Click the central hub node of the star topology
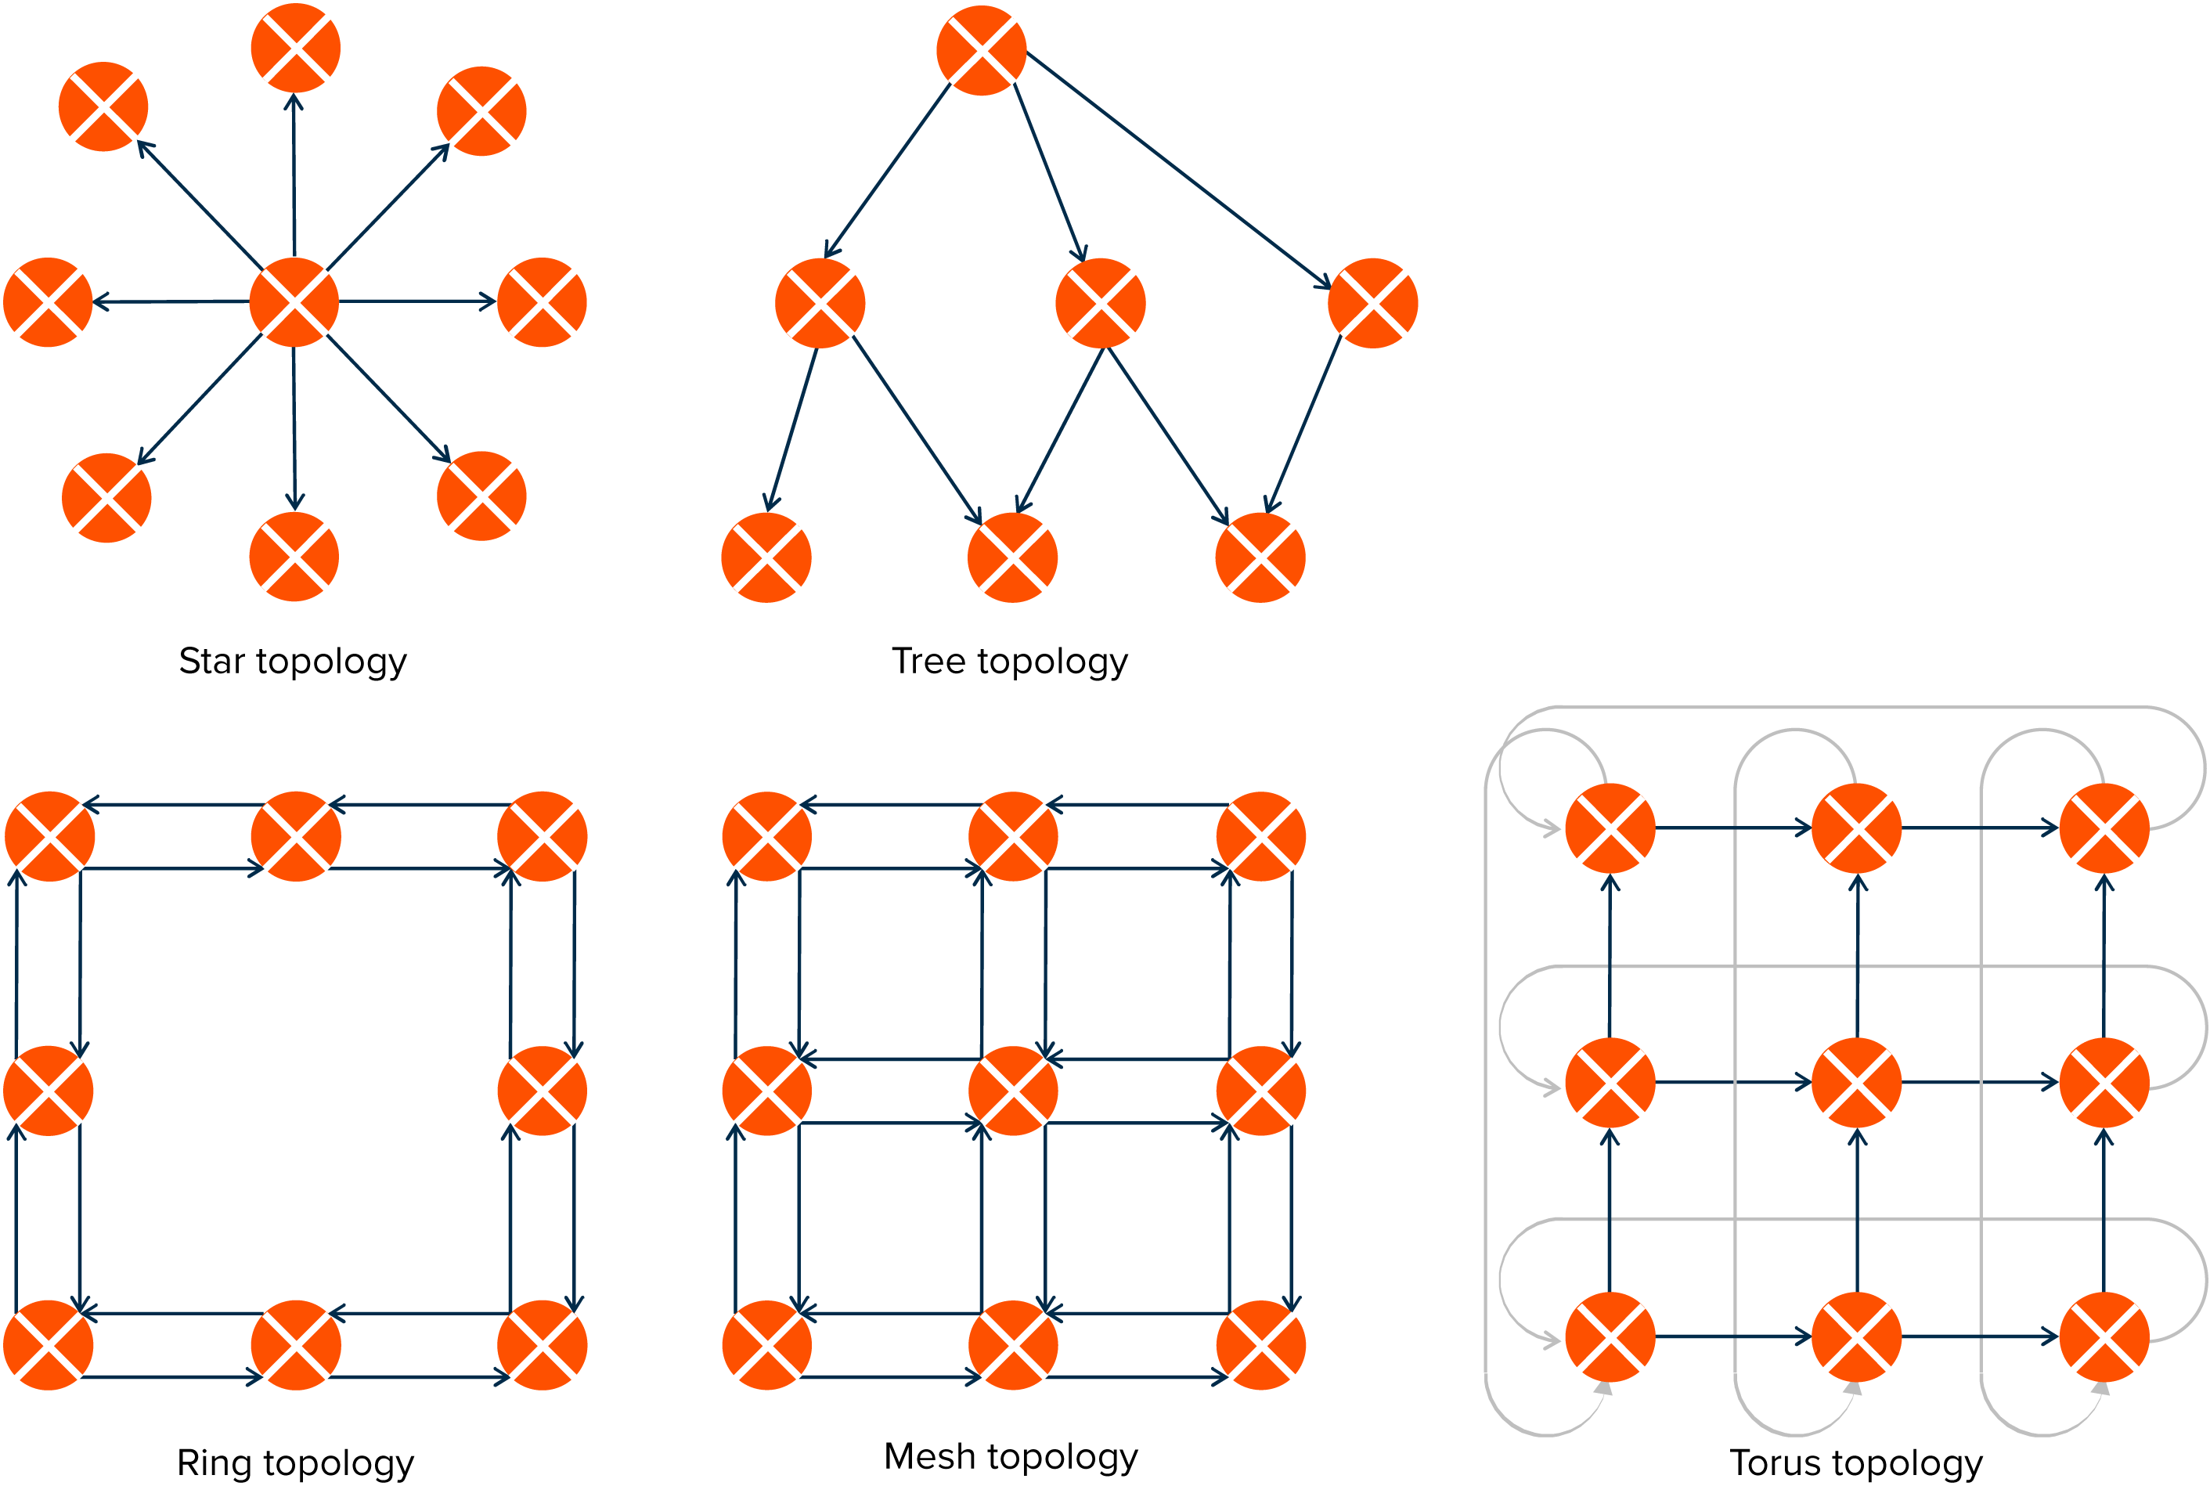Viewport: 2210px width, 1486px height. tap(294, 301)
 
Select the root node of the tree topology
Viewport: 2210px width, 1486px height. tap(981, 50)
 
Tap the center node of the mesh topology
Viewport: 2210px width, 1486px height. tap(1013, 1091)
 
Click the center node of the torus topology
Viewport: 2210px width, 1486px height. tap(1855, 1082)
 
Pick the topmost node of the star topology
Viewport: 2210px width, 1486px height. tap(296, 48)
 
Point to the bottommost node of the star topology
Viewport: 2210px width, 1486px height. tap(294, 557)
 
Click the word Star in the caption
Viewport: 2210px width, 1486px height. tap(211, 661)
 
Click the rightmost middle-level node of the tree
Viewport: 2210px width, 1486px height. tap(1372, 303)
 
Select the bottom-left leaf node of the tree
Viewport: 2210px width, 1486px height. tap(766, 557)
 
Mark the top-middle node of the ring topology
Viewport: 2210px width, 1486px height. tap(296, 836)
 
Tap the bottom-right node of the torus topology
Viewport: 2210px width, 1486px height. tap(2104, 1336)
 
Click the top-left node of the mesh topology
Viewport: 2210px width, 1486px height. tap(766, 836)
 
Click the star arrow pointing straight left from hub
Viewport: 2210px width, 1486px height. tap(171, 301)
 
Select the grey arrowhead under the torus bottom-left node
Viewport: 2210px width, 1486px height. tap(1603, 1388)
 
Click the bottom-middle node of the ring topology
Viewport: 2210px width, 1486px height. tap(296, 1345)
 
